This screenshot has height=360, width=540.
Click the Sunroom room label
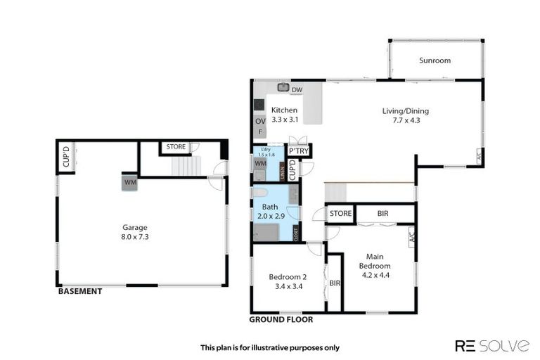click(x=435, y=60)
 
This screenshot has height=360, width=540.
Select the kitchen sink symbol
click(x=283, y=88)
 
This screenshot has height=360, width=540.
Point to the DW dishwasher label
click(x=297, y=90)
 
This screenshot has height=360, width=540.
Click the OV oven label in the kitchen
click(x=260, y=122)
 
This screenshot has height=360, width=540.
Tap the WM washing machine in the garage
click(x=130, y=182)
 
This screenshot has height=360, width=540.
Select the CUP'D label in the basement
click(x=65, y=157)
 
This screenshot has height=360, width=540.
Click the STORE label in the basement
click(x=176, y=147)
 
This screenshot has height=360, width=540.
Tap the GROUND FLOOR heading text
click(x=281, y=319)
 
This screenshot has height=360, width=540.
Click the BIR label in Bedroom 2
click(x=335, y=283)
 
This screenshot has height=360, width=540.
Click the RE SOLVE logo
click(x=491, y=345)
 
